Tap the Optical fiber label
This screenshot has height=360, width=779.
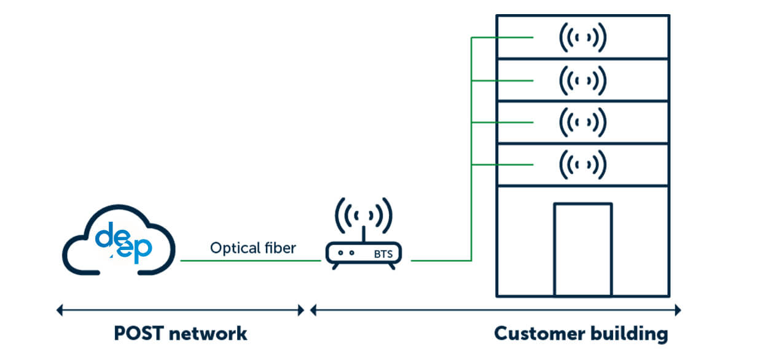(252, 248)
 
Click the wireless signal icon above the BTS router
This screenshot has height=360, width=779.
(363, 216)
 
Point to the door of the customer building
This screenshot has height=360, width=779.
(582, 249)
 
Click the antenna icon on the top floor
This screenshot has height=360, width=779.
(582, 37)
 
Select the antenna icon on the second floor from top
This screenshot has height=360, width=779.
(582, 80)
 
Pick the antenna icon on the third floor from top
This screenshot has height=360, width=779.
(582, 122)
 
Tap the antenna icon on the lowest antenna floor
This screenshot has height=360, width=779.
(582, 164)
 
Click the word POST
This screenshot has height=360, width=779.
(139, 334)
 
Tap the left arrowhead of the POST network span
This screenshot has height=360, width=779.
(59, 310)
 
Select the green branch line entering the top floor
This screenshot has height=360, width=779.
(501, 37)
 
